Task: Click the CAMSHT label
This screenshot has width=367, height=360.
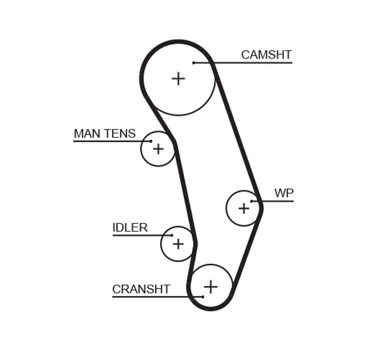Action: pyautogui.click(x=266, y=54)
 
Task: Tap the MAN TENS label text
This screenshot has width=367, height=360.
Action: pyautogui.click(x=105, y=133)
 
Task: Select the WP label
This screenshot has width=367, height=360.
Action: pyautogui.click(x=283, y=193)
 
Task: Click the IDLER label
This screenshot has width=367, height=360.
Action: pyautogui.click(x=130, y=227)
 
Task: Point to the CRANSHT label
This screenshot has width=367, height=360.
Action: pyautogui.click(x=141, y=289)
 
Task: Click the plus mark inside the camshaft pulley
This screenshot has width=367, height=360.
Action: pyautogui.click(x=178, y=78)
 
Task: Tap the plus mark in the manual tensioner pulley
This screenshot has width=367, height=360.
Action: pyautogui.click(x=158, y=149)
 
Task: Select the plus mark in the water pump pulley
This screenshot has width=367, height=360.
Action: pyautogui.click(x=244, y=208)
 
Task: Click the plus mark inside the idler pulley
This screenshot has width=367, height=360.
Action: pyautogui.click(x=178, y=244)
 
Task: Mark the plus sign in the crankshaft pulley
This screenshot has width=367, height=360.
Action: pyautogui.click(x=210, y=286)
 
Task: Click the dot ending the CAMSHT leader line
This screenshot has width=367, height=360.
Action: pyautogui.click(x=193, y=62)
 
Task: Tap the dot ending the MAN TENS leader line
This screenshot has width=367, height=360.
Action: pyautogui.click(x=151, y=141)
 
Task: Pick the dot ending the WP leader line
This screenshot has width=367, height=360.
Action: pyautogui.click(x=251, y=201)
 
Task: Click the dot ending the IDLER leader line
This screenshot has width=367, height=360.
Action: pyautogui.click(x=172, y=235)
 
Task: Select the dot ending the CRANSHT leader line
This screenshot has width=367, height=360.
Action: pyautogui.click(x=202, y=297)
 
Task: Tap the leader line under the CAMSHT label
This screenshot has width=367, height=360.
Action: pyautogui.click(x=245, y=62)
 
